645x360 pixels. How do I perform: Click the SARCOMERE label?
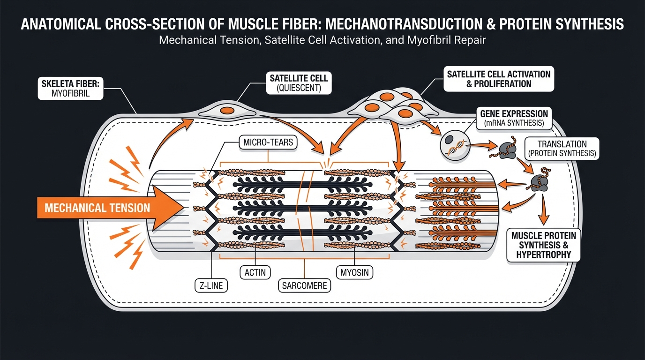point(305,285)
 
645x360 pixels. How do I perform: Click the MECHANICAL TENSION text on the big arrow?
point(97,208)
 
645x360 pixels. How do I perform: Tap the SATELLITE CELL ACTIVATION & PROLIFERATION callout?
point(499,78)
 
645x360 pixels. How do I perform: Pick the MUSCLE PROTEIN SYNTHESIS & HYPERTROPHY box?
point(543,244)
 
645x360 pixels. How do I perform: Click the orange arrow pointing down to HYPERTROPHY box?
point(544,209)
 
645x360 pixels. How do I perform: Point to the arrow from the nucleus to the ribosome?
point(479,146)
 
